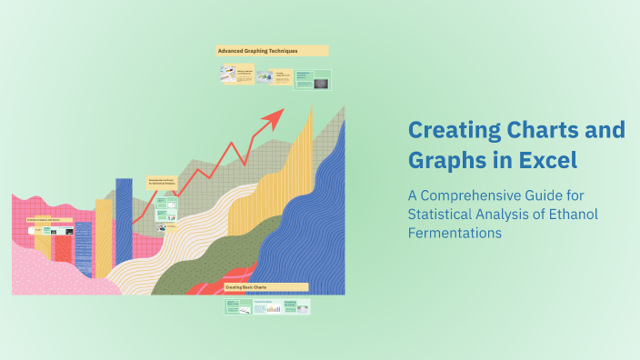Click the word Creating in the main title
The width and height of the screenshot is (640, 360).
tap(446, 131)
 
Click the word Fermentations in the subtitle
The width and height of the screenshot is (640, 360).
tap(453, 233)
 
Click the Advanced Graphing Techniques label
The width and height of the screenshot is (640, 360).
tap(272, 51)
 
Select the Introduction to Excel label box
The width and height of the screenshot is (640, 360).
tap(161, 183)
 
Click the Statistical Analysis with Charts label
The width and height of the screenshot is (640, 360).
tap(49, 219)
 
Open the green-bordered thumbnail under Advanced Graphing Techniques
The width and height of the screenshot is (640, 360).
tap(312, 79)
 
